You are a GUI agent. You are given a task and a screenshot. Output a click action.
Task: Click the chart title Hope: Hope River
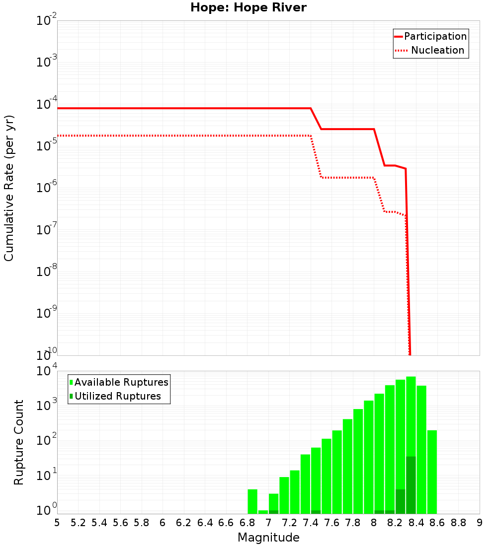(x=248, y=7)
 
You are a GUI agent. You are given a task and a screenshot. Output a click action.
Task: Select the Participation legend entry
(x=435, y=36)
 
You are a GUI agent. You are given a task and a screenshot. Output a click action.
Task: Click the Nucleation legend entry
(x=437, y=50)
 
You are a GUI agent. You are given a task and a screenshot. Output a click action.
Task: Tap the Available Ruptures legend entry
(x=121, y=382)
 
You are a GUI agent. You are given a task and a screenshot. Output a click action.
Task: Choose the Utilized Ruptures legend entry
(x=118, y=396)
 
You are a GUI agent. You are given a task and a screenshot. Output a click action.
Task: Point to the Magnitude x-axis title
(x=268, y=538)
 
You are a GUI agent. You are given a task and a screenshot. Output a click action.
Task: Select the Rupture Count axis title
(x=19, y=442)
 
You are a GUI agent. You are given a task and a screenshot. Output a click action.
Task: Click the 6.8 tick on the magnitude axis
(x=247, y=523)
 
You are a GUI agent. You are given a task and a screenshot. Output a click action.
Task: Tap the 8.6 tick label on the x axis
(x=437, y=523)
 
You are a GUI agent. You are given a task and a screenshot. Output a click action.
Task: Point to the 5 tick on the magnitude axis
(x=57, y=523)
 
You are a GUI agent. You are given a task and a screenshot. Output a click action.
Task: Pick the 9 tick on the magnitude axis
(x=479, y=523)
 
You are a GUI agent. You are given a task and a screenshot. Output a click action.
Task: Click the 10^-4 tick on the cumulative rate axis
(x=47, y=104)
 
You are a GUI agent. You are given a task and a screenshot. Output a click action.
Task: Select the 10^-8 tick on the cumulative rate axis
(x=47, y=272)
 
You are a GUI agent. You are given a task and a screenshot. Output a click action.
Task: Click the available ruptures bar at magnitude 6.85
(x=252, y=501)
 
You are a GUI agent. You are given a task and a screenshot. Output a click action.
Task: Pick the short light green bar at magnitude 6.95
(x=263, y=512)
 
